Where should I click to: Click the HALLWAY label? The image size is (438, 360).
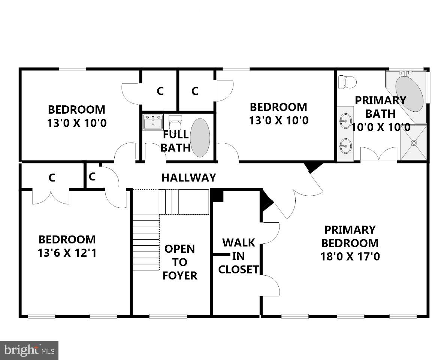click(188, 177)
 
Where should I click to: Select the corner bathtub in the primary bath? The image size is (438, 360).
click(409, 94)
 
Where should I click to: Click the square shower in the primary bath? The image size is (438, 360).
click(414, 143)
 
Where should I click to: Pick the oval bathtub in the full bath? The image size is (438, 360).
click(200, 138)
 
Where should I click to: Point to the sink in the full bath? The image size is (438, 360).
click(152, 122)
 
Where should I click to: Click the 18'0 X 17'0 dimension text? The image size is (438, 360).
click(350, 256)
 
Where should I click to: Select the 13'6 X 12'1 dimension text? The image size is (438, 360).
click(67, 253)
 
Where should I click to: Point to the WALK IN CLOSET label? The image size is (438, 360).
click(238, 256)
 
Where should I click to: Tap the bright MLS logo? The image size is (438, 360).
click(29, 350)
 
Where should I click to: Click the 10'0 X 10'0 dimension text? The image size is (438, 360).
click(381, 127)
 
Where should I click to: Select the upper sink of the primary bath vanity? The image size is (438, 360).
click(345, 120)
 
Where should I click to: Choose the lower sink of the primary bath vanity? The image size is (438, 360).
click(345, 145)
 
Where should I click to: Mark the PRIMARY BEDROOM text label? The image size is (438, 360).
click(350, 236)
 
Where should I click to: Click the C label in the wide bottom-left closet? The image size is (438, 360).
click(52, 178)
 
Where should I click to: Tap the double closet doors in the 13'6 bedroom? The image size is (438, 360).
click(51, 197)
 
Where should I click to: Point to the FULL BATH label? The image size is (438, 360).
click(176, 141)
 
